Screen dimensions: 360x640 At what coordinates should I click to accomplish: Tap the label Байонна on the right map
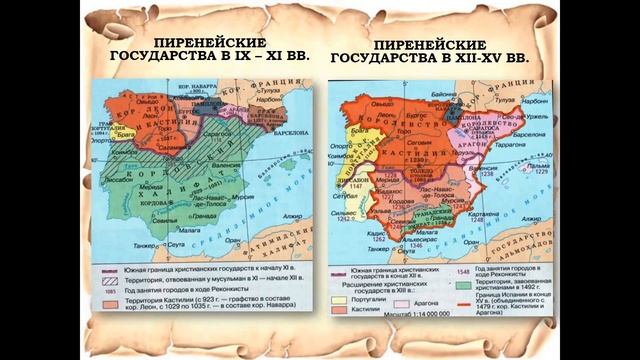456,88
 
